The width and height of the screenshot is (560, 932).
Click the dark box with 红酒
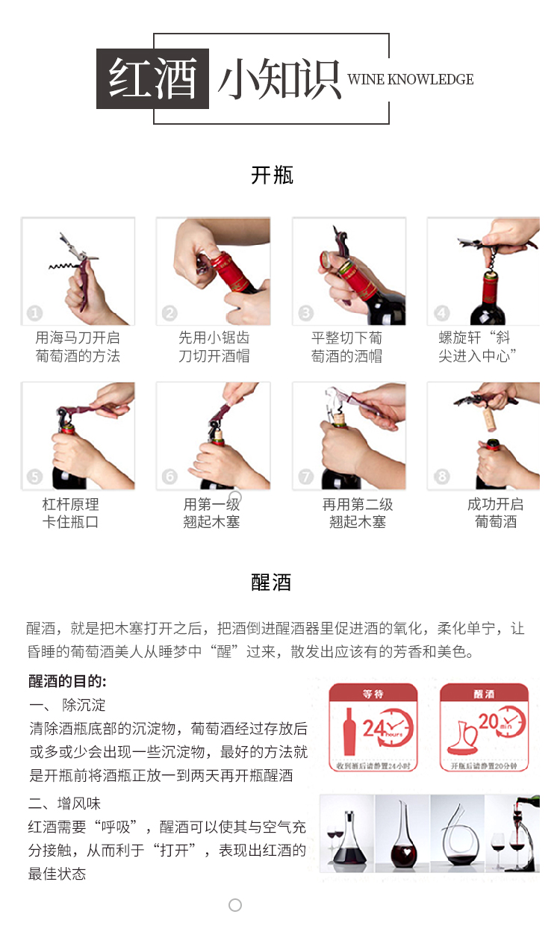153,78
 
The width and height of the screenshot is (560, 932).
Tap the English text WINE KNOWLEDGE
411,80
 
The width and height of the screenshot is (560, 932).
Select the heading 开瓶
273,175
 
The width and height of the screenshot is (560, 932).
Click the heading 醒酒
271,582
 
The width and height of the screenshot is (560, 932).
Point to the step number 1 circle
34,314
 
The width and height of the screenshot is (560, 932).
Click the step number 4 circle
442,314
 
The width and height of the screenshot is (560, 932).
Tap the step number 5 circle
34,476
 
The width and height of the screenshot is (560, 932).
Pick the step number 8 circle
442,476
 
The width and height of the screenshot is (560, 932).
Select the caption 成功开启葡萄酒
495,513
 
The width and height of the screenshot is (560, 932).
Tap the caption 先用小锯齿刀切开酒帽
214,347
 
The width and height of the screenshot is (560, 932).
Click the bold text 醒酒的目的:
68,681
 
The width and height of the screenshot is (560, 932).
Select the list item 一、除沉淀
67,705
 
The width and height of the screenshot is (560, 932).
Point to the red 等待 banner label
373,694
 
